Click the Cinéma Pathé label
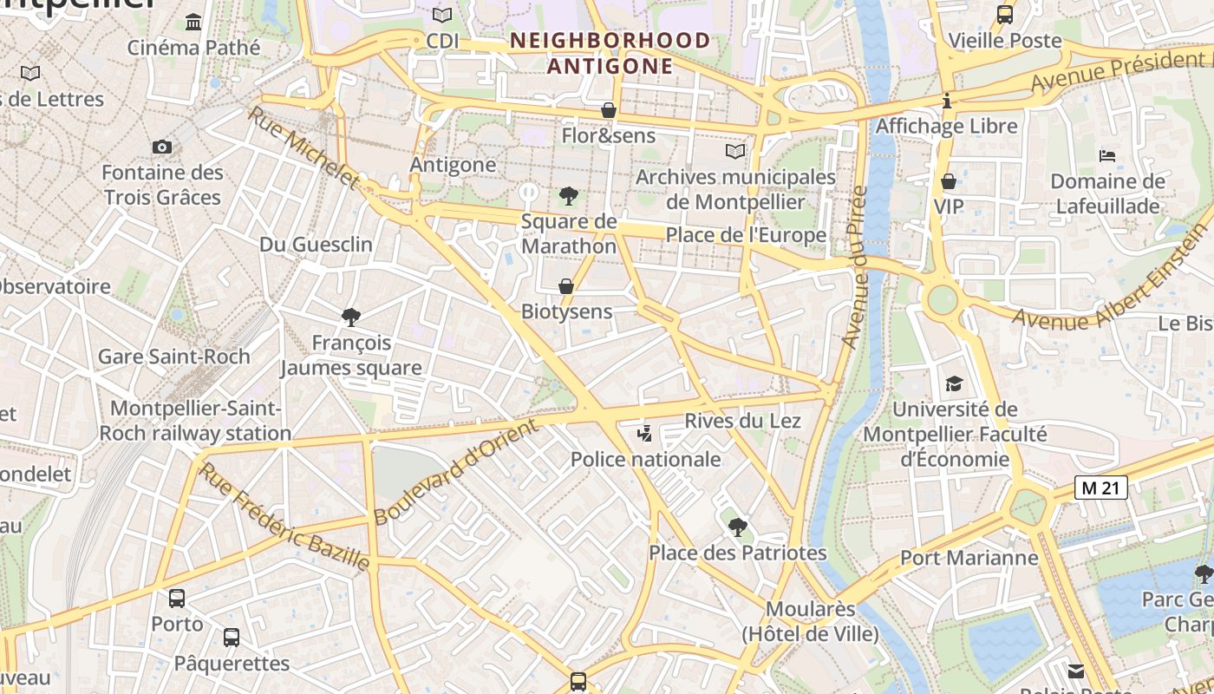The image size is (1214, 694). [x=193, y=47]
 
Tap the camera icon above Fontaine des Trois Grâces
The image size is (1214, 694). [x=162, y=147]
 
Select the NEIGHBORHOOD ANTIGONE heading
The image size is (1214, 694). [x=610, y=53]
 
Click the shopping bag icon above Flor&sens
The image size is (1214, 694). [x=609, y=110]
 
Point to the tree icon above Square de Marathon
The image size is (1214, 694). [x=569, y=195]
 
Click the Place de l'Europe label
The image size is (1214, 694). [x=746, y=235]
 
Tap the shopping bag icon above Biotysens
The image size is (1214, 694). [x=566, y=285]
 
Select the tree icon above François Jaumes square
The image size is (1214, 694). [x=351, y=317]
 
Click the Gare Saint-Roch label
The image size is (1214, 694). [x=173, y=357]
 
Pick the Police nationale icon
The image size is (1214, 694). [x=644, y=433]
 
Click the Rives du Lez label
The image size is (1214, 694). [x=742, y=421]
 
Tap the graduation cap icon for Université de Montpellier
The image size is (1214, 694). [x=954, y=383]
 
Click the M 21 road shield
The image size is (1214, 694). [x=1101, y=488]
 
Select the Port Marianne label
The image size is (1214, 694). [x=969, y=557]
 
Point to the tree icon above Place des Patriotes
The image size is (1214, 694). [x=737, y=526]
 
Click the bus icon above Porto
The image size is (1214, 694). [x=177, y=598]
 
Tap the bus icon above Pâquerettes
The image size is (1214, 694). [x=232, y=638]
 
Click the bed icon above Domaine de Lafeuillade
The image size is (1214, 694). [x=1107, y=156]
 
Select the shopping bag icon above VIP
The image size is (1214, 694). [x=949, y=181]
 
